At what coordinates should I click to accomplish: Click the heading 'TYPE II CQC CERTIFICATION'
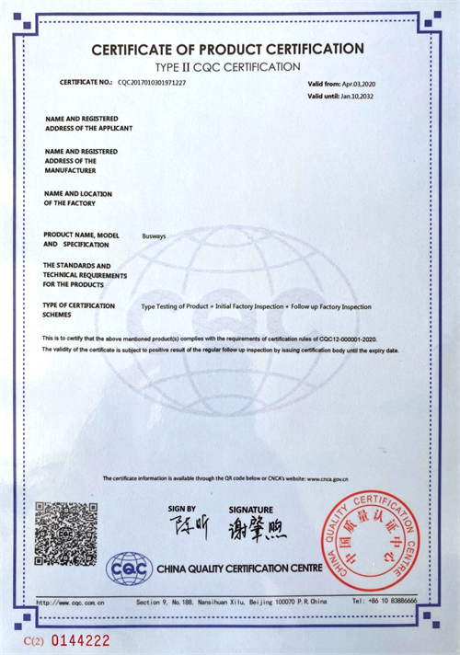(x=227, y=66)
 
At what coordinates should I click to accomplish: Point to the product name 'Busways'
(x=154, y=236)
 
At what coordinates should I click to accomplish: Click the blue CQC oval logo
(x=130, y=568)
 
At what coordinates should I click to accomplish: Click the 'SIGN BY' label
(x=181, y=508)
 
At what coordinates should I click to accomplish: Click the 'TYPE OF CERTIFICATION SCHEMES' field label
(x=79, y=310)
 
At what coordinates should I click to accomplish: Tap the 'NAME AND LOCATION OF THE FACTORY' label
(x=78, y=198)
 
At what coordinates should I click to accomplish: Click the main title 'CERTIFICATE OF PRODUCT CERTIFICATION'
(x=227, y=49)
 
